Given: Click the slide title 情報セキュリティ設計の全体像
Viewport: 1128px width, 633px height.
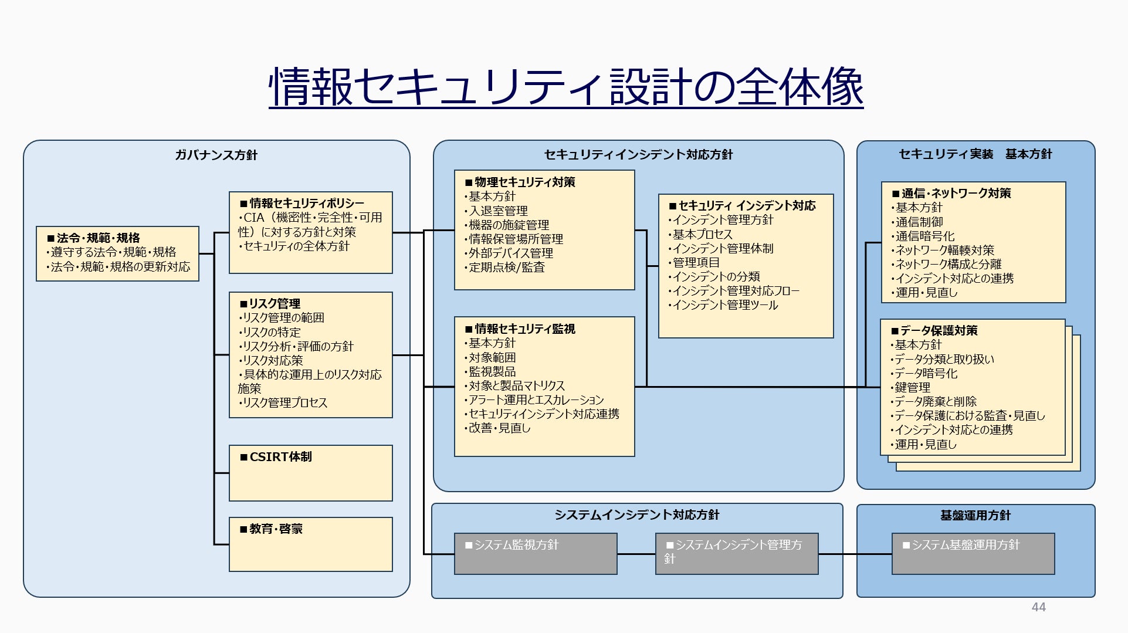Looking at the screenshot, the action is click(x=566, y=86).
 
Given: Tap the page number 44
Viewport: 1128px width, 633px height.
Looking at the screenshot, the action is click(x=1038, y=607).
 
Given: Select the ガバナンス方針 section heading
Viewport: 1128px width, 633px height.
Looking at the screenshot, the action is click(x=216, y=155).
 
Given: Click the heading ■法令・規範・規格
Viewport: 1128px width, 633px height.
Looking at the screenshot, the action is click(x=94, y=238).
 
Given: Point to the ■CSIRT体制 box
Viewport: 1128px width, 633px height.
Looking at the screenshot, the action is click(x=311, y=473).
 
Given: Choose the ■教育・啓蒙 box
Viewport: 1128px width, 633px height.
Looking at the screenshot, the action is click(x=311, y=544).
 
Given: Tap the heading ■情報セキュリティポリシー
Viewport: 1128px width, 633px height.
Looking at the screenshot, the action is click(x=302, y=203).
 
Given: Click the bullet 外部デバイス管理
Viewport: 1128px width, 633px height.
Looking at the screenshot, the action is click(x=509, y=253).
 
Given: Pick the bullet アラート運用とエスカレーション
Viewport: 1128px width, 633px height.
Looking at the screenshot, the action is click(x=534, y=400).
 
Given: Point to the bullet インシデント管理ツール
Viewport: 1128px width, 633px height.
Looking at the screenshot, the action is click(x=723, y=304).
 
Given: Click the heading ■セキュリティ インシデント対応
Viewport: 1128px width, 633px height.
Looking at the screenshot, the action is click(x=743, y=205).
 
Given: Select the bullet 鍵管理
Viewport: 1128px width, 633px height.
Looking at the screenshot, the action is click(x=910, y=387).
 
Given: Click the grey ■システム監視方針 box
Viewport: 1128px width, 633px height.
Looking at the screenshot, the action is click(x=536, y=554).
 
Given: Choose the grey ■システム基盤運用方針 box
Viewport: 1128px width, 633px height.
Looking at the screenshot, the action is click(x=973, y=554).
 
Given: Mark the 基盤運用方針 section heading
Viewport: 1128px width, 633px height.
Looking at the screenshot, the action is click(x=975, y=515).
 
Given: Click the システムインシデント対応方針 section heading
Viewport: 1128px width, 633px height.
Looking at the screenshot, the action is click(x=637, y=514).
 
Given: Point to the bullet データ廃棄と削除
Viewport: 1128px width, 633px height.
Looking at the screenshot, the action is click(x=934, y=401).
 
